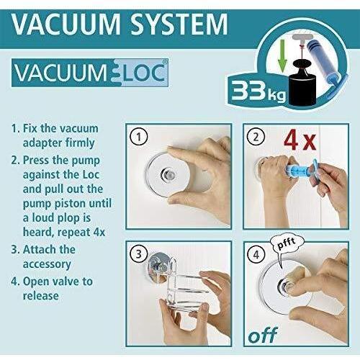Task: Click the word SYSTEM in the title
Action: pyautogui.click(x=179, y=24)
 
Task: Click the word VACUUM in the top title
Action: pyautogui.click(x=66, y=24)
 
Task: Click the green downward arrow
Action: pyautogui.click(x=282, y=56)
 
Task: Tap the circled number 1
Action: pyautogui.click(x=138, y=137)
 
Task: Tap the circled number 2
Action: pyautogui.click(x=256, y=137)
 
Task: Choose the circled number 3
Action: pyautogui.click(x=138, y=254)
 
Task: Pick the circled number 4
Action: pyautogui.click(x=256, y=254)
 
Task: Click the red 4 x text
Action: pyautogui.click(x=300, y=140)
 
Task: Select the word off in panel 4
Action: pyautogui.click(x=263, y=335)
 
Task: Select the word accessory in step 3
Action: pyautogui.click(x=47, y=264)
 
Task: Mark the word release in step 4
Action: pyautogui.click(x=40, y=296)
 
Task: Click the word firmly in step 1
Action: pyautogui.click(x=80, y=143)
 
